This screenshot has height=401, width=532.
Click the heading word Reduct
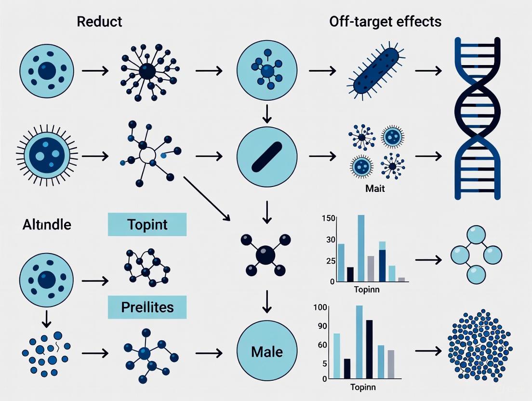100,22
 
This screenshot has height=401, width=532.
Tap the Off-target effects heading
386,22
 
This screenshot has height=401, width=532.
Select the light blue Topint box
147,224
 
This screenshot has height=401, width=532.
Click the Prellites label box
147,307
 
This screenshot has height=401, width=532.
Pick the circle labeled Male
267,351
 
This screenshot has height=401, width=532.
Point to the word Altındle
47,224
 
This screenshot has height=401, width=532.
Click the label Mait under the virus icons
375,189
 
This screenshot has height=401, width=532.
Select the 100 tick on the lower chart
320,307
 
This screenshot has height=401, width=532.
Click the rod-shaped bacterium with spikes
374,72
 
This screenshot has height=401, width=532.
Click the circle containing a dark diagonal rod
267,156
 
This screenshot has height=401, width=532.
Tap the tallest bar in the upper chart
361,248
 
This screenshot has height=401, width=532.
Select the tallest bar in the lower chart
359,342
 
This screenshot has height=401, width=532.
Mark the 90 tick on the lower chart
322,326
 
